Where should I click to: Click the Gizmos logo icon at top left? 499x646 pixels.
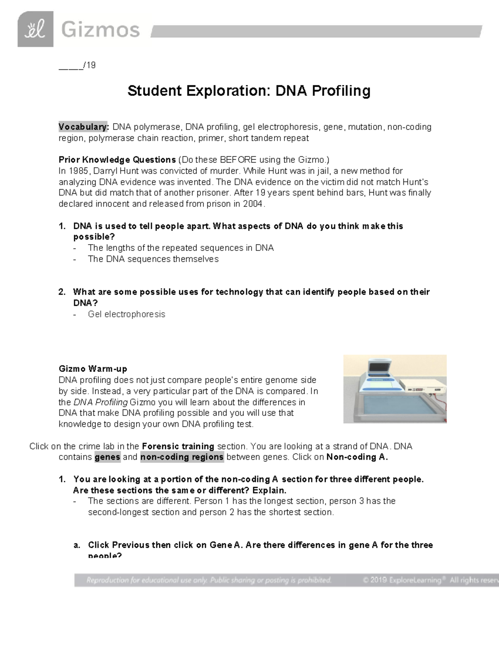(x=35, y=29)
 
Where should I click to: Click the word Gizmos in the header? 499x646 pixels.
(x=100, y=30)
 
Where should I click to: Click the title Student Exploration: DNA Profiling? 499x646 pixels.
(x=249, y=91)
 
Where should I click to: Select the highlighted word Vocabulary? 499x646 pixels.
(x=84, y=127)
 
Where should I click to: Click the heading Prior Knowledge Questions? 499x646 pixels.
(x=117, y=160)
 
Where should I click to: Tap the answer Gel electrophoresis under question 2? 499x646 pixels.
(x=126, y=314)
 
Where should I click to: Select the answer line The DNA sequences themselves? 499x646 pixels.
(x=153, y=259)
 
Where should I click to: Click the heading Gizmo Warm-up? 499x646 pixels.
(x=93, y=369)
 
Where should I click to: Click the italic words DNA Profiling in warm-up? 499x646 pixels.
(x=101, y=402)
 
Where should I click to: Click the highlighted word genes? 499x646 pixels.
(x=107, y=457)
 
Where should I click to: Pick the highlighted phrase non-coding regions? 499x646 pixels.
(x=182, y=457)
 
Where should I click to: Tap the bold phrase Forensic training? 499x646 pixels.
(x=178, y=446)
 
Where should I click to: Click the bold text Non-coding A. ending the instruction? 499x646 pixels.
(x=357, y=457)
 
